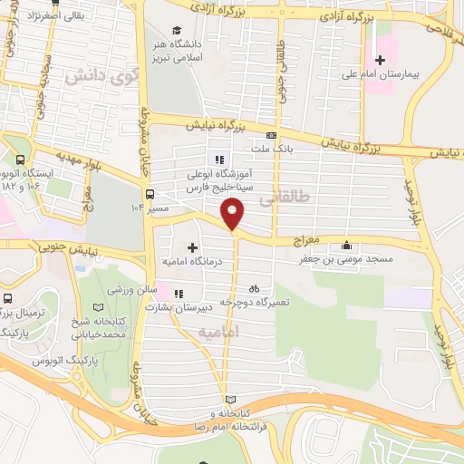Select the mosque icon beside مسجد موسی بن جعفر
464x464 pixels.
pos(346,245)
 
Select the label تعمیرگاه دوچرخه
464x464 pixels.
pos(254,302)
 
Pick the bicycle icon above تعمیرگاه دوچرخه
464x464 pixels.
pos(253,288)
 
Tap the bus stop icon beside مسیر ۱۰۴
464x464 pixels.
pos(149,193)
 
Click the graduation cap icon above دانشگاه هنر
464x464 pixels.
pos(176,30)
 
